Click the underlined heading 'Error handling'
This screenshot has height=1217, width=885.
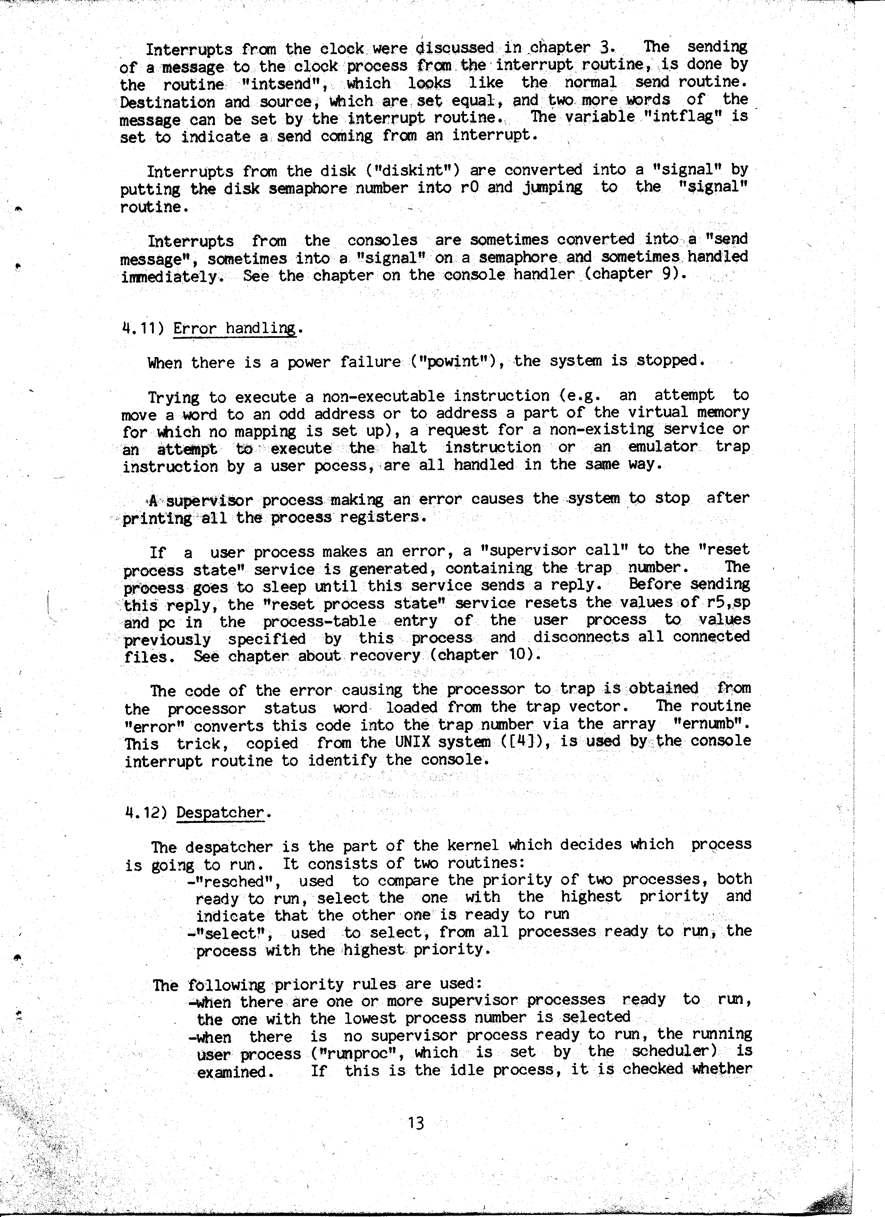235,327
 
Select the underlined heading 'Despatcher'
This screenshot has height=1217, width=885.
221,812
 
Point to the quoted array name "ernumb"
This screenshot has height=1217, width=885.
711,724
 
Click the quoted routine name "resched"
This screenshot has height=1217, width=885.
236,881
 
